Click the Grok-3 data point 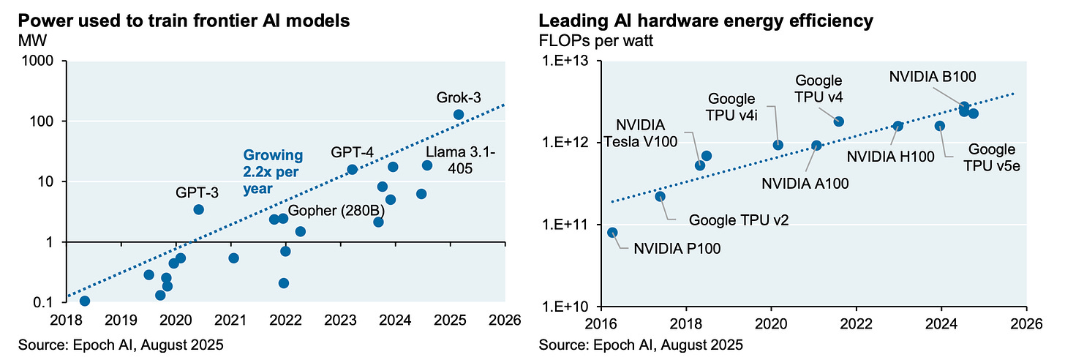459,114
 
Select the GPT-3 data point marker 198,209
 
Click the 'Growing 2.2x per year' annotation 273,171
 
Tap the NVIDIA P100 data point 613,233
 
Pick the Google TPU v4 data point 839,121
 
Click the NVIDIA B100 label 933,76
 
